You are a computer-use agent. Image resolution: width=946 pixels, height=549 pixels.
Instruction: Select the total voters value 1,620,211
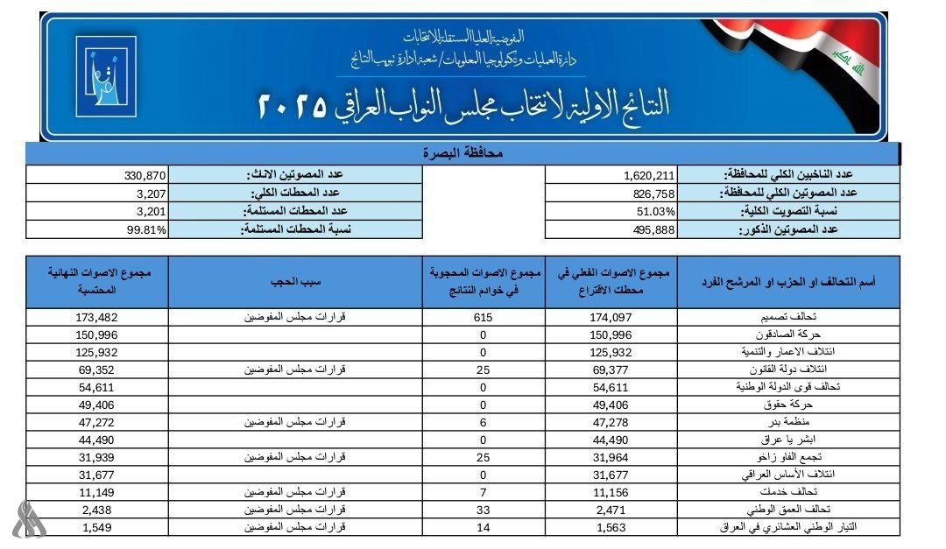(x=647, y=175)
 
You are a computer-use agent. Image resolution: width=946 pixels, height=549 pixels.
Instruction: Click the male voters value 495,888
(x=649, y=229)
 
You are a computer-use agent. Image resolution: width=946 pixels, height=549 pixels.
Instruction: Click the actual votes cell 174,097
(x=612, y=317)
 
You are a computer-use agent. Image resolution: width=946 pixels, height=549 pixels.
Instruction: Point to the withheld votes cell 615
(x=484, y=317)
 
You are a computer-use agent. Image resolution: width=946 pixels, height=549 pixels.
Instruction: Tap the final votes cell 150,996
(x=97, y=334)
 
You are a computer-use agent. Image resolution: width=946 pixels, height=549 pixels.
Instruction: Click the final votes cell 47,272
(x=97, y=423)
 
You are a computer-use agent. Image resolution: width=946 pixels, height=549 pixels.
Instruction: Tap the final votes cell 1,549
(x=97, y=528)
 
